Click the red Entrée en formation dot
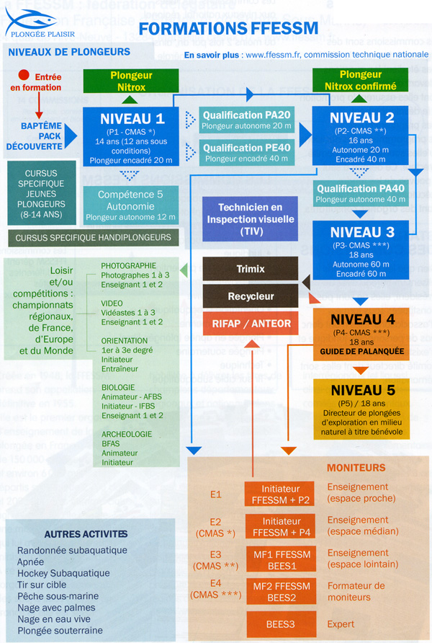pos(24,75)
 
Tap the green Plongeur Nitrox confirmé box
pos(360,79)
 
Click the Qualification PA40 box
pos(360,193)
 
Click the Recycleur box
pos(248,296)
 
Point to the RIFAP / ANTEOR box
pos(248,324)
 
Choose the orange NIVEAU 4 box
pos(360,333)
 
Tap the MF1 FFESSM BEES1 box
pos(280,559)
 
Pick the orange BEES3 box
pos(280,624)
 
